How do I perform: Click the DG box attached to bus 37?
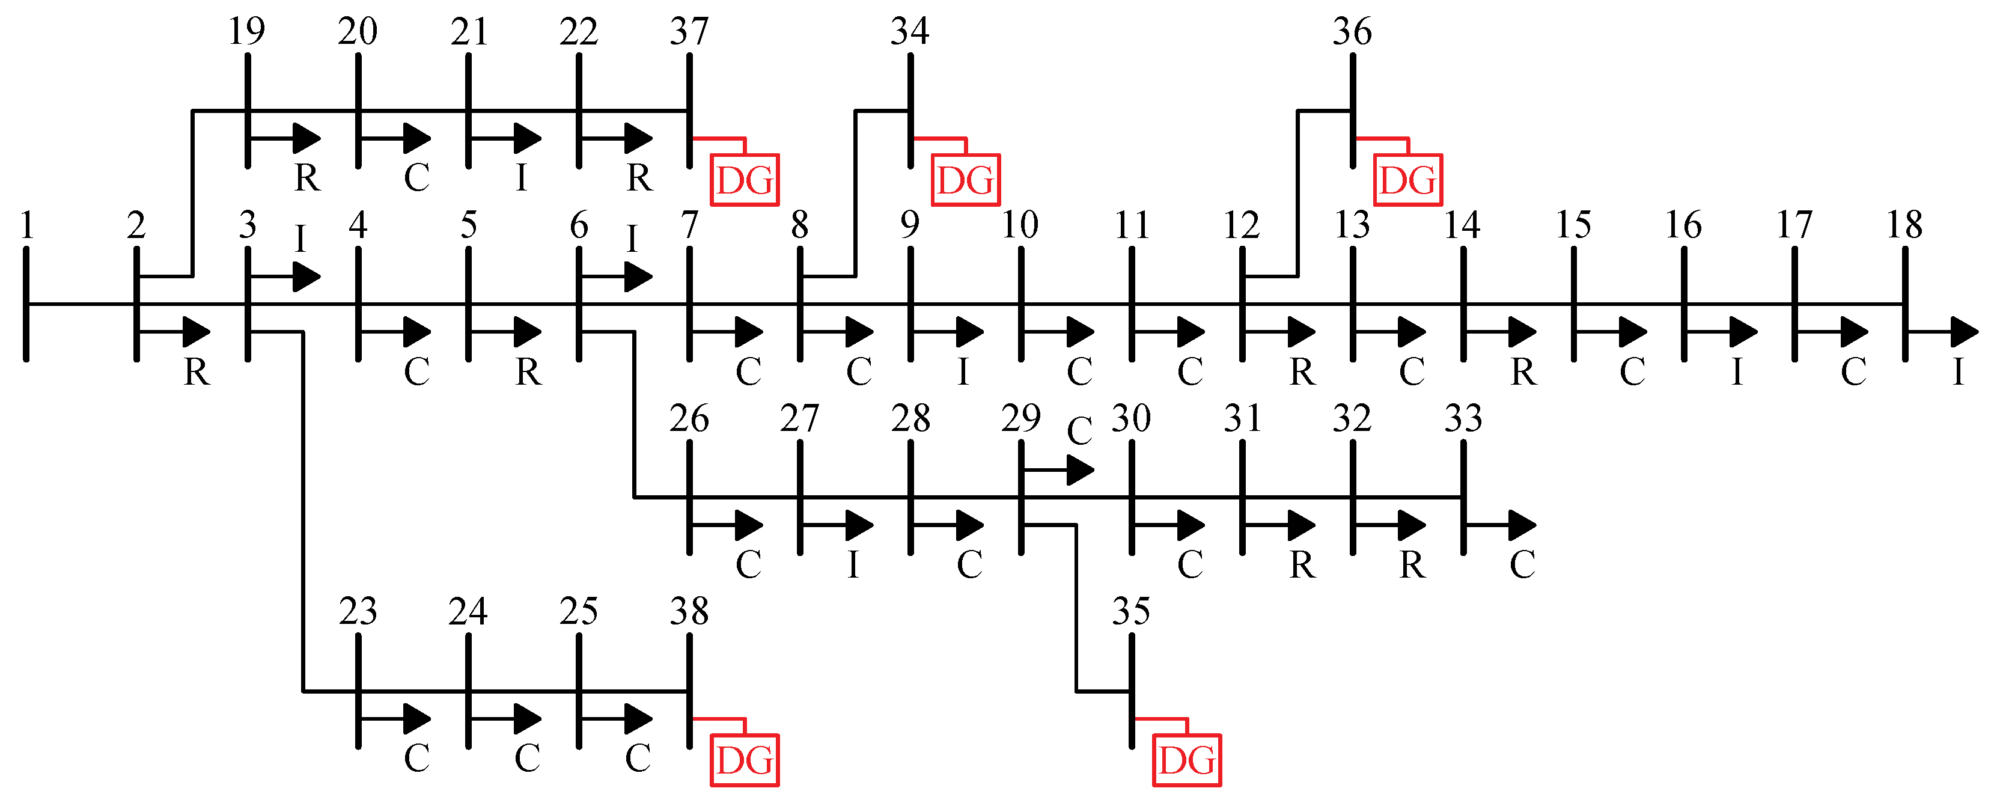pos(745,180)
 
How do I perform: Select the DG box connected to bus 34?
pos(965,180)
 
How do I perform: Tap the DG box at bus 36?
pos(1407,180)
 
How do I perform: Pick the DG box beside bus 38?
pos(745,760)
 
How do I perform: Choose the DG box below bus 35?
pos(1186,760)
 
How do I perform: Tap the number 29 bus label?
pos(1021,418)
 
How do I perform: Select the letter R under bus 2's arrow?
pos(197,373)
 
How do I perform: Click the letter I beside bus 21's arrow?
pos(522,179)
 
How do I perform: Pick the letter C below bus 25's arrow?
pos(638,759)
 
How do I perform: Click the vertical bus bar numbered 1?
pos(26,304)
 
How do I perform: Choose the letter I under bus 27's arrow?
pos(853,565)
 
